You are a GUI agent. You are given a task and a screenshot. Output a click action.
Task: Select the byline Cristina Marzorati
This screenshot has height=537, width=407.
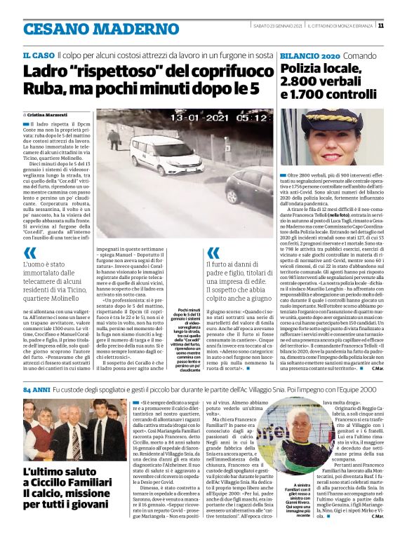pos(51,113)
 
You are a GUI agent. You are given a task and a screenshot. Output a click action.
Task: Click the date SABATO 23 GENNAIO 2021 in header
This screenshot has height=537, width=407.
pos(277,26)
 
